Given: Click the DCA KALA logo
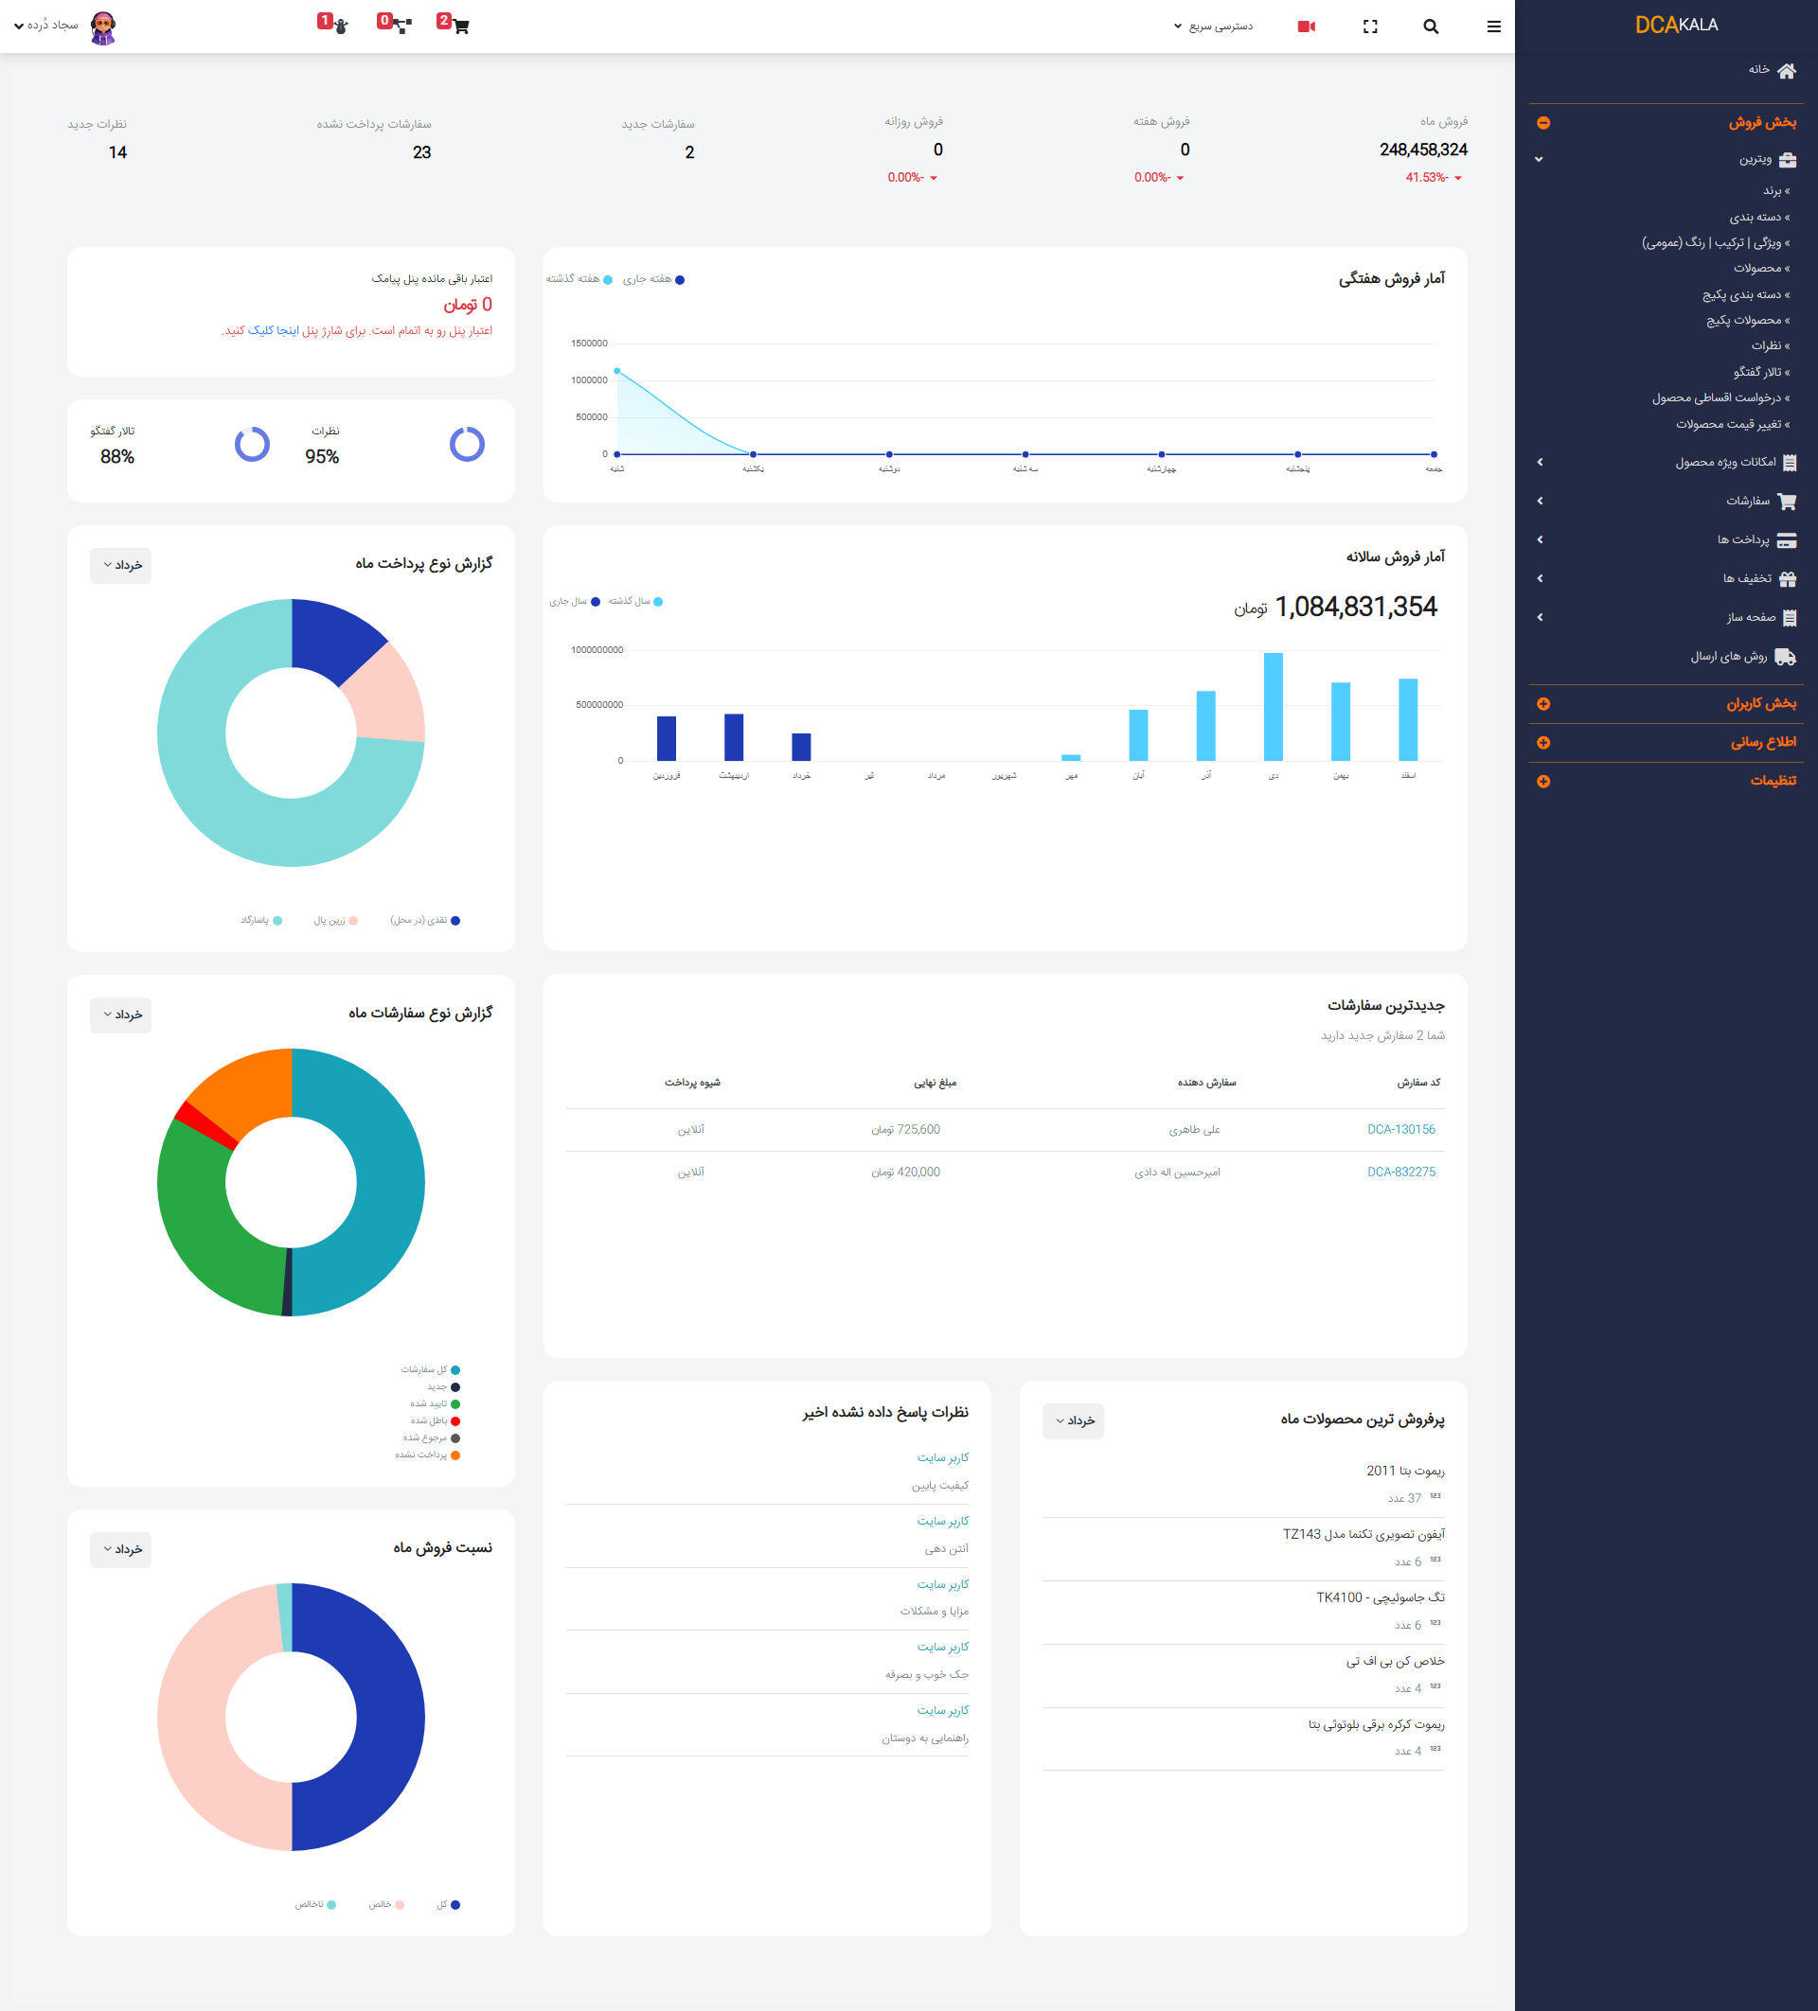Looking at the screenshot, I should (1676, 25).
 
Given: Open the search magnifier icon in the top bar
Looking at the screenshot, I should (1430, 26).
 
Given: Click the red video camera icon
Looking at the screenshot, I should (1305, 26).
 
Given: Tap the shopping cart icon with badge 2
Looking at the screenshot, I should (460, 26).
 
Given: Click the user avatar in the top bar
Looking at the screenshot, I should (103, 26).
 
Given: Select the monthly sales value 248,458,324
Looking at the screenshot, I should (1422, 150).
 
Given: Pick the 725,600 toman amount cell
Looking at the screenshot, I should (905, 1129).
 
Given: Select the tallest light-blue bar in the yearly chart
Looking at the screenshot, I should (1273, 706).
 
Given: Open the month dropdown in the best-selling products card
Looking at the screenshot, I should (1073, 1420).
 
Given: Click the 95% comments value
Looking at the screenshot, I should (321, 457).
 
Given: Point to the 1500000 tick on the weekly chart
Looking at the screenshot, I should (589, 344).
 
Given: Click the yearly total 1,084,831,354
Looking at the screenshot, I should (1355, 607).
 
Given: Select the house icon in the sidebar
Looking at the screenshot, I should (1786, 70).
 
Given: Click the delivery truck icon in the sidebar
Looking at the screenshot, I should (1785, 657).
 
